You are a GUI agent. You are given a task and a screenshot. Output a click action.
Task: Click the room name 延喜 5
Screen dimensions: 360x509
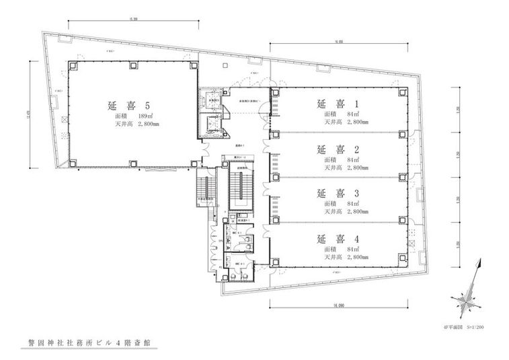(x=128, y=105)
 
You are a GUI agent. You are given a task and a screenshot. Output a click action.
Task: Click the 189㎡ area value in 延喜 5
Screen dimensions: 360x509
(x=156, y=116)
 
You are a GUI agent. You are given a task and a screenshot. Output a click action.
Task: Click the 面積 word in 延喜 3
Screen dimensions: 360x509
(x=330, y=203)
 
